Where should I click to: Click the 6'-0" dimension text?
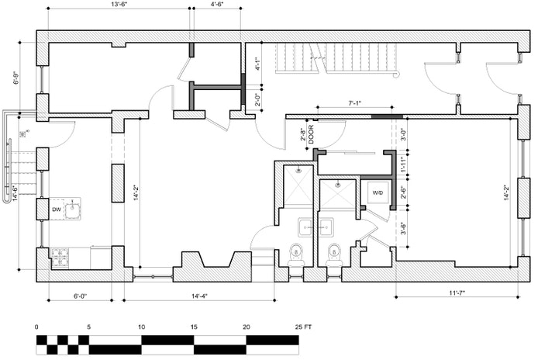click(x=80, y=296)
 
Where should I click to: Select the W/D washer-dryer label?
click(x=378, y=192)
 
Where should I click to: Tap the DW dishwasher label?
click(x=57, y=209)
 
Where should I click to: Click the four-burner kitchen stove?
click(x=60, y=257)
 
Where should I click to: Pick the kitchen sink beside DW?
click(x=72, y=208)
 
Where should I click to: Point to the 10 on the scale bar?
click(x=141, y=327)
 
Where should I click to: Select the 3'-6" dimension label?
click(x=404, y=228)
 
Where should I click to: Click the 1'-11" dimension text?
click(x=404, y=164)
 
